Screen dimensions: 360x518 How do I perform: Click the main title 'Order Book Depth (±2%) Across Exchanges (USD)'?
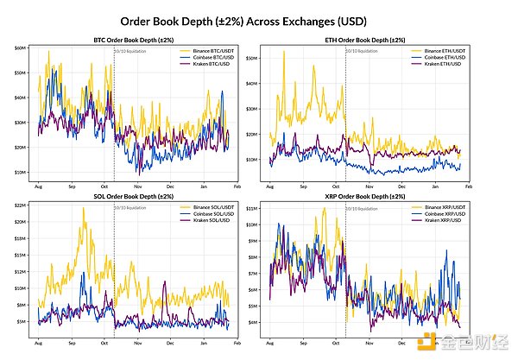pyautogui.click(x=258, y=19)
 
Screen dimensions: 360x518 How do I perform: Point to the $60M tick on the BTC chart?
pyautogui.click(x=21, y=48)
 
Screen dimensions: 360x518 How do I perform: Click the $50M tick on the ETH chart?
pyautogui.click(x=252, y=58)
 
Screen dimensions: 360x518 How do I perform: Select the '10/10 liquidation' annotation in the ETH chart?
pyautogui.click(x=361, y=52)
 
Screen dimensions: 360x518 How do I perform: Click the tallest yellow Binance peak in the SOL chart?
pyautogui.click(x=84, y=208)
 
